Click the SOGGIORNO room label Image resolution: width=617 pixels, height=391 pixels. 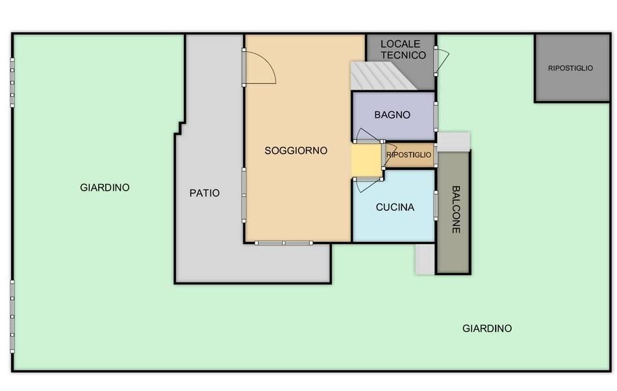click(x=296, y=150)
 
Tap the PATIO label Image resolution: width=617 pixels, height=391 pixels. click(x=204, y=193)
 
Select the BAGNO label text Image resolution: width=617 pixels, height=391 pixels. click(x=392, y=115)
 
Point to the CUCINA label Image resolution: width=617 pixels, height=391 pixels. click(x=395, y=207)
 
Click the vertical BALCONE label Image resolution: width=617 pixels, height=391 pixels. click(x=456, y=209)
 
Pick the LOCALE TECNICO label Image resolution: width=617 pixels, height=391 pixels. click(x=403, y=49)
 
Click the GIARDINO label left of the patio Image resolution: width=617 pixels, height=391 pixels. click(x=105, y=187)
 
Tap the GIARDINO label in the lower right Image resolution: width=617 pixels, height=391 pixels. click(x=486, y=329)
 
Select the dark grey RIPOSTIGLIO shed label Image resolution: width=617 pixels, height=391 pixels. click(x=570, y=68)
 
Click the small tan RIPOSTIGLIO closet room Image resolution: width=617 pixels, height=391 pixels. click(x=410, y=155)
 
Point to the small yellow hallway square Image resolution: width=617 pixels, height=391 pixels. click(x=367, y=160)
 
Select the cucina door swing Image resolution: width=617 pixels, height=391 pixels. click(x=367, y=185)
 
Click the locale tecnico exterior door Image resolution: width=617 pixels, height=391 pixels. click(x=442, y=61)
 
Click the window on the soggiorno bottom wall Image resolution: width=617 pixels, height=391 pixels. click(x=284, y=243)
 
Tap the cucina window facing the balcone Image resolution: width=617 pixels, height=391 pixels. click(x=436, y=206)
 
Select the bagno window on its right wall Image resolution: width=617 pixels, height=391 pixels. click(x=436, y=116)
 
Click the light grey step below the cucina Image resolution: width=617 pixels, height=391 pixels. click(x=425, y=258)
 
